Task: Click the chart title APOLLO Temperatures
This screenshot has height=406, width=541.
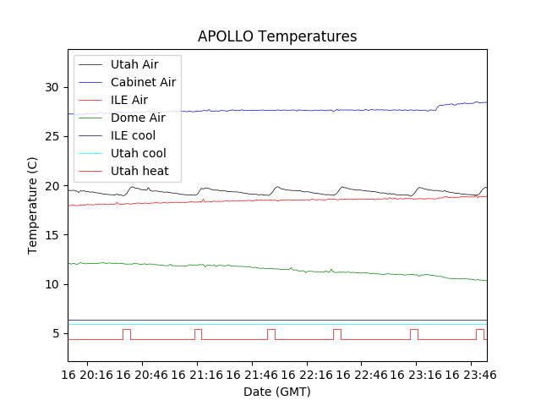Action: tap(277, 36)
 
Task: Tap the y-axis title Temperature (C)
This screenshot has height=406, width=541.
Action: tap(33, 206)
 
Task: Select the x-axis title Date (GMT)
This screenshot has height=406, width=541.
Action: tap(277, 392)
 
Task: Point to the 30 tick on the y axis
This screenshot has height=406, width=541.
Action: tap(51, 87)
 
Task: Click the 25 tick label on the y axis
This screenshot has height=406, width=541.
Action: tap(51, 136)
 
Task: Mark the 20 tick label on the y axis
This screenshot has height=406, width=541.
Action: tap(51, 185)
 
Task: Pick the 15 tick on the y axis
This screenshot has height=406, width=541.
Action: tap(51, 234)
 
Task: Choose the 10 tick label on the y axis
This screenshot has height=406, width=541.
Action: tap(51, 284)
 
